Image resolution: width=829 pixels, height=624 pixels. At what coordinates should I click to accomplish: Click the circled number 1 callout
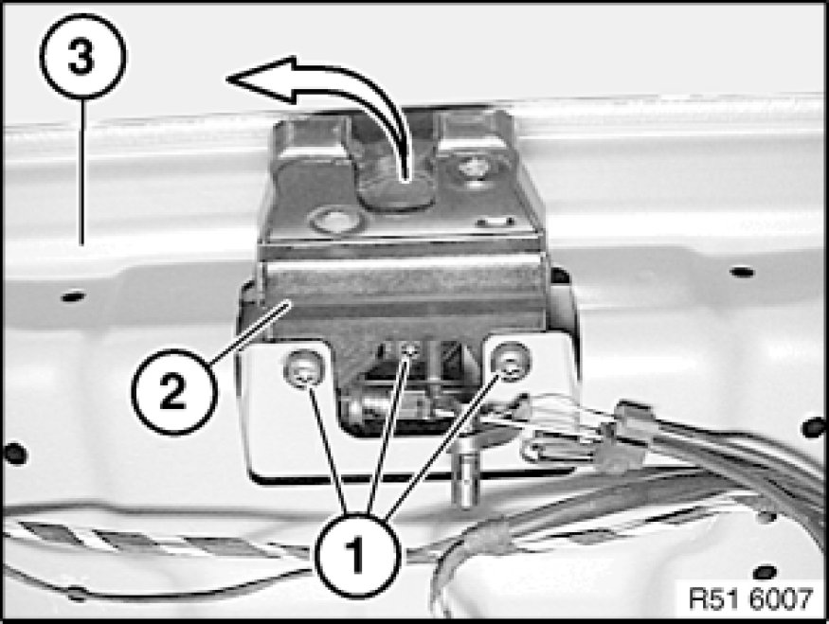click(358, 555)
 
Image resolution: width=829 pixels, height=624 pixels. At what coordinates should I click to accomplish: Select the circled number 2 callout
click(174, 391)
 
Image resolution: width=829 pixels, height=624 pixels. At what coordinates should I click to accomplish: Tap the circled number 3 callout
click(82, 56)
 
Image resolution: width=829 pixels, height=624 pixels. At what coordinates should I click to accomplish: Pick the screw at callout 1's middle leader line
click(409, 349)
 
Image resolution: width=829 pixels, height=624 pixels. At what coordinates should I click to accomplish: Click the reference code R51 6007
click(750, 598)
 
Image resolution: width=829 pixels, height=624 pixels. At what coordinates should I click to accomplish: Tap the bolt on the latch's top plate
click(473, 169)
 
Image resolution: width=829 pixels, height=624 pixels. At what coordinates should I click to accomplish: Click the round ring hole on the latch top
click(336, 221)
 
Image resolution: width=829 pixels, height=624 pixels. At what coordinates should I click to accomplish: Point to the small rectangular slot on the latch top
click(495, 222)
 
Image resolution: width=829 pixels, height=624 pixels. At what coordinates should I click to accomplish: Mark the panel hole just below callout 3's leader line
click(74, 296)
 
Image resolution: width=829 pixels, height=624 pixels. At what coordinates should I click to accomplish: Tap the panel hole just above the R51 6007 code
click(765, 572)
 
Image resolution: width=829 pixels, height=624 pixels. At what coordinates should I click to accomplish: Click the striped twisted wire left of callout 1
click(158, 540)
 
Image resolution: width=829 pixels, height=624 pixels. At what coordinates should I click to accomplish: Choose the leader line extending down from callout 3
click(82, 172)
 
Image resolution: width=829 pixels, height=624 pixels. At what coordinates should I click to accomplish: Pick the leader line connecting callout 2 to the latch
click(248, 330)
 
